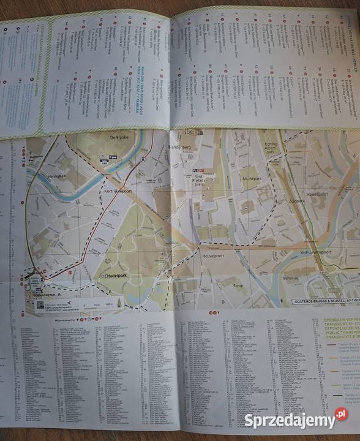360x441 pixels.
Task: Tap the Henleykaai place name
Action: (53, 176)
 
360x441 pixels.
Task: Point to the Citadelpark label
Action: (114, 276)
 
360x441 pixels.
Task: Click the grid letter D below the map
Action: (223, 302)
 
